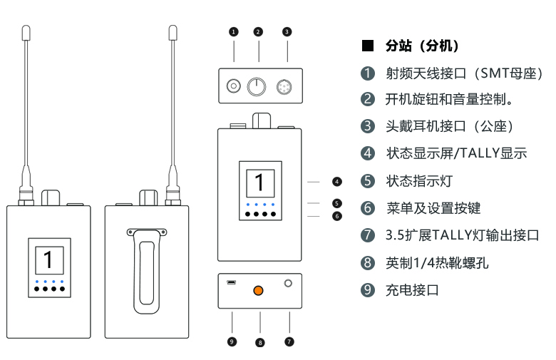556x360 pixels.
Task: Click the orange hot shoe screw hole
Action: point(259,291)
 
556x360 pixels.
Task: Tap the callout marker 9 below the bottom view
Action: point(232,342)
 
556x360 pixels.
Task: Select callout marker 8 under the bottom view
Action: point(259,343)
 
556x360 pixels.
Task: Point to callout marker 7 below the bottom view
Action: point(289,342)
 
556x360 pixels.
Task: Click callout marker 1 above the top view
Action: point(233,31)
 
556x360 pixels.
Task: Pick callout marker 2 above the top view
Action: point(258,31)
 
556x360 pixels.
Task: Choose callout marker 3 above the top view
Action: point(287,31)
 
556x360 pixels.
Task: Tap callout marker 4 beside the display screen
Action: point(337,182)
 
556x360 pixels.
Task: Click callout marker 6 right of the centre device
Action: point(337,215)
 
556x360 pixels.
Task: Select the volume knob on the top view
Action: point(257,88)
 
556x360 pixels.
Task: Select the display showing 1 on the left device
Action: point(48,259)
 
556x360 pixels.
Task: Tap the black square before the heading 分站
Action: point(368,46)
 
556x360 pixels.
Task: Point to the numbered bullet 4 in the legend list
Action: point(368,153)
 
